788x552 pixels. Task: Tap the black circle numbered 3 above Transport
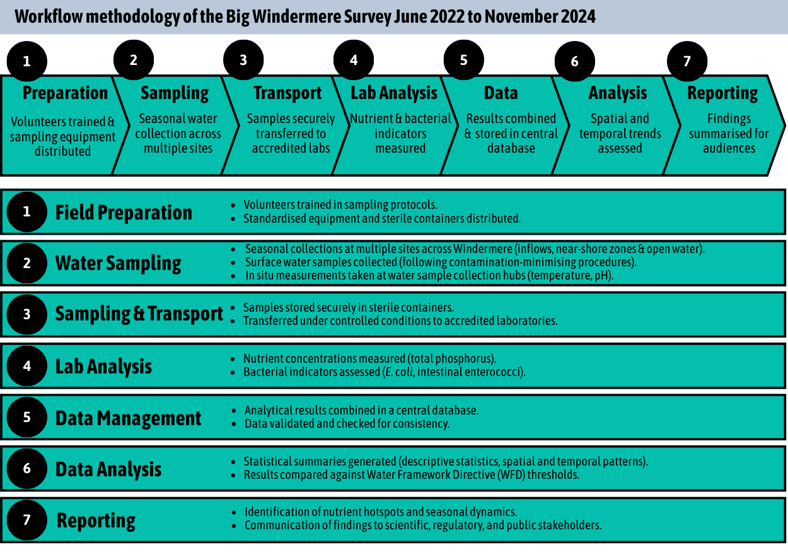tap(243, 60)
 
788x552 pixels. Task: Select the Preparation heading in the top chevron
tap(65, 93)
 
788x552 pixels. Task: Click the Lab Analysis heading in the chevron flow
tap(394, 93)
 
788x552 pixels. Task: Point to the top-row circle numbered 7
tap(687, 61)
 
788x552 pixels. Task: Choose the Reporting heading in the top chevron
tap(722, 93)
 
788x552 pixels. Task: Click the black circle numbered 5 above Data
tap(464, 60)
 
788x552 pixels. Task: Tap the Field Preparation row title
tap(124, 213)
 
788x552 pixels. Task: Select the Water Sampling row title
tap(118, 263)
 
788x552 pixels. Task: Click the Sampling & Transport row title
tap(139, 314)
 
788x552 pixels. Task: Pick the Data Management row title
tap(129, 418)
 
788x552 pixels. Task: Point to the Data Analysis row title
tap(108, 469)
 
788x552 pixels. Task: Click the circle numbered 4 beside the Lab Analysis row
tap(27, 366)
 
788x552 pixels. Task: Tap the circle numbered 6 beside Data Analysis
tap(27, 469)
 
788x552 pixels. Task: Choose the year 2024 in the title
tap(576, 16)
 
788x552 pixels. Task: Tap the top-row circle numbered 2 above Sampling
tap(133, 60)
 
